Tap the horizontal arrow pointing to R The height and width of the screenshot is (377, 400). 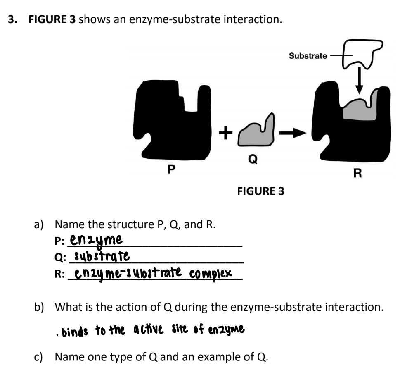coord(293,133)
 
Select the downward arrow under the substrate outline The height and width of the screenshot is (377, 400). coord(359,80)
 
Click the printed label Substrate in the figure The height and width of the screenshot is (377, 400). coord(308,56)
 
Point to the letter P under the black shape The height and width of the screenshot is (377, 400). coord(171,169)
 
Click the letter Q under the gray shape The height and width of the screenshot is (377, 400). coord(253,159)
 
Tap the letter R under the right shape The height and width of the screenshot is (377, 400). coord(357,173)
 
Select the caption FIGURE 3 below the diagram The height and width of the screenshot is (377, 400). coord(260,191)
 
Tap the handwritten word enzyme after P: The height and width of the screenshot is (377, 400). coord(96,240)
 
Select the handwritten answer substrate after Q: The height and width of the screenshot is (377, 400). coord(102,256)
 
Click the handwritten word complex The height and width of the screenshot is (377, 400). coord(211,274)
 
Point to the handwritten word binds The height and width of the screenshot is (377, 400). coord(75,331)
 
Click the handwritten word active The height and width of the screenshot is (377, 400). coord(149,329)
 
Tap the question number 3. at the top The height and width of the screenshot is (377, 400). coord(13,19)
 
